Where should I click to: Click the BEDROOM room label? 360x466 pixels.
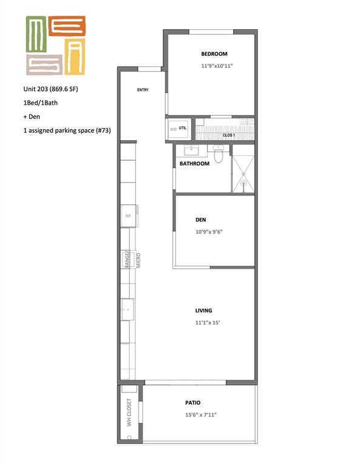pyautogui.click(x=214, y=54)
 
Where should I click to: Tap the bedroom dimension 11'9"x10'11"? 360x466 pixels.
pyautogui.click(x=217, y=66)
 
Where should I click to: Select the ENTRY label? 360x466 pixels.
pyautogui.click(x=143, y=90)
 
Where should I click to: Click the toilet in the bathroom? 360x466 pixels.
pyautogui.click(x=219, y=154)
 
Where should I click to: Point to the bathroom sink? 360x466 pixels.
pyautogui.click(x=192, y=150)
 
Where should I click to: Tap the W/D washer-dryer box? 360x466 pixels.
pyautogui.click(x=178, y=129)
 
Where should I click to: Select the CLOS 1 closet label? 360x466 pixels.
pyautogui.click(x=229, y=135)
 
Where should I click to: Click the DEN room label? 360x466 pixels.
pyautogui.click(x=201, y=220)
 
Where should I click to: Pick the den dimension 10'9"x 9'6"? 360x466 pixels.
pyautogui.click(x=209, y=232)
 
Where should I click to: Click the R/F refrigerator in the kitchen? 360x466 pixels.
pyautogui.click(x=128, y=216)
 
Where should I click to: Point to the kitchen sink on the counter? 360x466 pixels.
pyautogui.click(x=127, y=309)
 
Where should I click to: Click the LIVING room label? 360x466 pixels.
pyautogui.click(x=203, y=311)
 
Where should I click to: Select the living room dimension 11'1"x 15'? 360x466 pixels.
pyautogui.click(x=208, y=323)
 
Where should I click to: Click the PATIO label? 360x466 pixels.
pyautogui.click(x=193, y=403)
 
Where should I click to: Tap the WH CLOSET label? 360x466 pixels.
pyautogui.click(x=129, y=412)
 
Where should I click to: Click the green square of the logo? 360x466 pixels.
pyautogui.click(x=36, y=34)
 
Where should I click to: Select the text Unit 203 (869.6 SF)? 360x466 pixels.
pyautogui.click(x=51, y=89)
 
